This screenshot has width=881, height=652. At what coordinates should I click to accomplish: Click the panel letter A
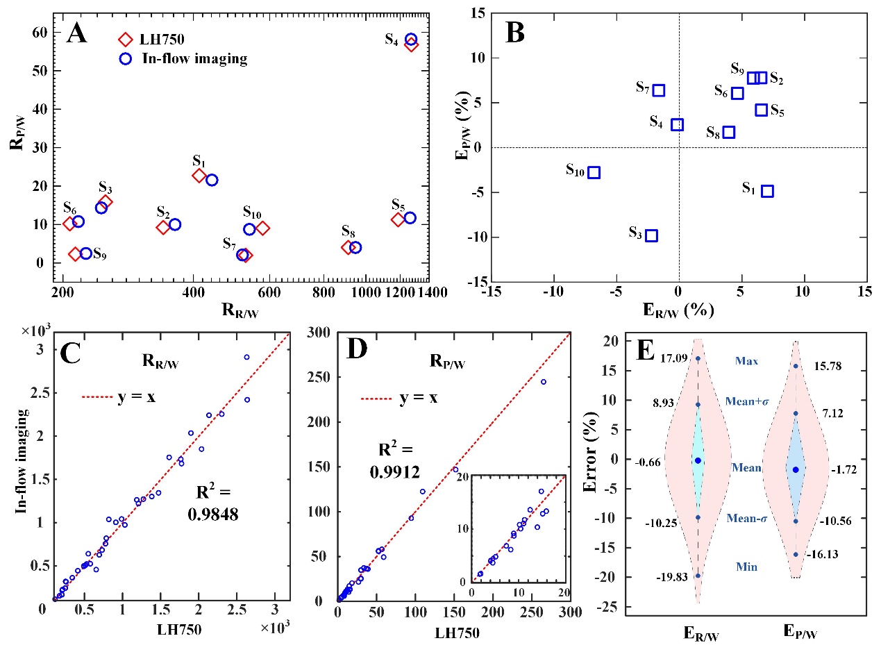tap(77, 33)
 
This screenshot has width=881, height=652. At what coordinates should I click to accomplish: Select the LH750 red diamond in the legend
tap(126, 40)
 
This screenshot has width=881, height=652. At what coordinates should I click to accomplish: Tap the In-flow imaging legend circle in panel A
tap(126, 59)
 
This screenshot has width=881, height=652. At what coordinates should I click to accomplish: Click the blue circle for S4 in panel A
tap(411, 40)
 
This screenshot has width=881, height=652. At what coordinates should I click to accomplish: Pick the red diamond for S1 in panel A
tap(199, 176)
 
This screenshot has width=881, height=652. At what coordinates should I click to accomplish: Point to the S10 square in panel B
tap(594, 172)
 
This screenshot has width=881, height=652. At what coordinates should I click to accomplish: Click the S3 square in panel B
tap(651, 235)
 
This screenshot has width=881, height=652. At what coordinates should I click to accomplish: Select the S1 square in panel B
tap(767, 191)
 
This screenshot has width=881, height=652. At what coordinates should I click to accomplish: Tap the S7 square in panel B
tap(659, 90)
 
